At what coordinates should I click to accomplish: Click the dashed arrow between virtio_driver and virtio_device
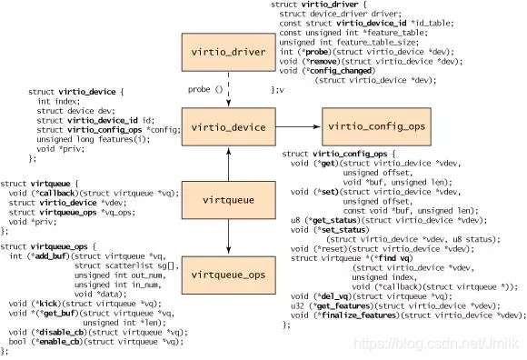(227, 91)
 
